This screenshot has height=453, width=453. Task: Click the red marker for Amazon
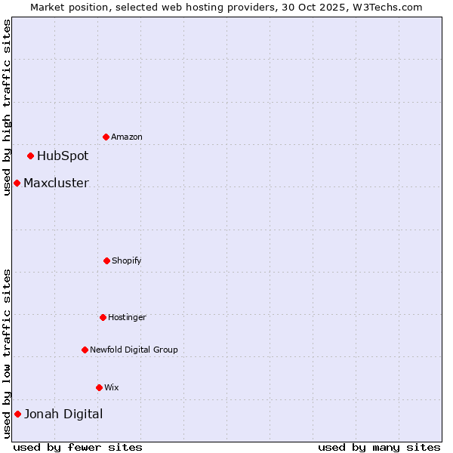tap(106, 137)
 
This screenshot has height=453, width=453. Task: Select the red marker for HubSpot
tap(30, 156)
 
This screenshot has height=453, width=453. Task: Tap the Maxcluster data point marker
tap(17, 183)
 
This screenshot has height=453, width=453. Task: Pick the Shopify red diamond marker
tap(106, 260)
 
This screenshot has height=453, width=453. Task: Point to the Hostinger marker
tap(103, 317)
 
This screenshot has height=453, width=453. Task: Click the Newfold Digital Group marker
tap(85, 350)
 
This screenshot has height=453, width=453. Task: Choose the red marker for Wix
tap(99, 387)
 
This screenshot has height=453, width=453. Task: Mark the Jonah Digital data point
tap(17, 414)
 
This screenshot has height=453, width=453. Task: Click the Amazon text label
tap(127, 137)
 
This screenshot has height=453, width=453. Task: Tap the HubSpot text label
tap(63, 156)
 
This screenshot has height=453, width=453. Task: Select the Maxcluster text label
tap(56, 183)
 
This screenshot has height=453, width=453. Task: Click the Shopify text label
tap(127, 260)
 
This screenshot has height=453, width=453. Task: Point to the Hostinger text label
tap(127, 317)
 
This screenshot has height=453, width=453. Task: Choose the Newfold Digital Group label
tap(134, 350)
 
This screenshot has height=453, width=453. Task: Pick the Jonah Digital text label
tap(63, 414)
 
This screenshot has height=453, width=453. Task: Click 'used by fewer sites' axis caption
tap(78, 447)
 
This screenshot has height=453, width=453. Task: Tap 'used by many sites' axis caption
tap(379, 447)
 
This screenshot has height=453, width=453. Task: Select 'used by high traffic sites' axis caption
tap(7, 107)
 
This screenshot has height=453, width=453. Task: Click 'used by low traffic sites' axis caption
tap(7, 353)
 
